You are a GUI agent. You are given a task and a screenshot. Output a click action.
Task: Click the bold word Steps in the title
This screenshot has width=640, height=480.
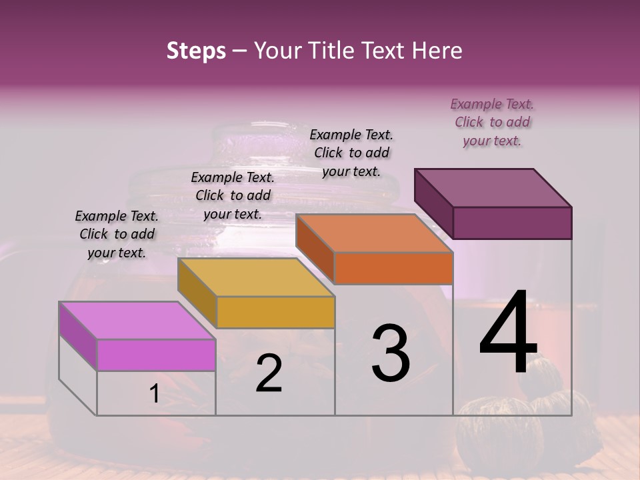(x=196, y=51)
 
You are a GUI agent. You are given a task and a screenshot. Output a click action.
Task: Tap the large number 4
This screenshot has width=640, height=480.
(x=508, y=333)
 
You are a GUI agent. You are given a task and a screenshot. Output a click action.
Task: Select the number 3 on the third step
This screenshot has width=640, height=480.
(x=390, y=353)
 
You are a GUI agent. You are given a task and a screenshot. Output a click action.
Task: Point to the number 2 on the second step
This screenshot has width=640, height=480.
(x=269, y=373)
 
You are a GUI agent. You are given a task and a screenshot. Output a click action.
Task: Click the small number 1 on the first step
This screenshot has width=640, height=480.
(x=155, y=395)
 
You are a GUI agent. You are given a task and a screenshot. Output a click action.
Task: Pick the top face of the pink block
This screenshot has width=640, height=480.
(x=137, y=321)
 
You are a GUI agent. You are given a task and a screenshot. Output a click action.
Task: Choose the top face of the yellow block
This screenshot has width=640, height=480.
(x=256, y=277)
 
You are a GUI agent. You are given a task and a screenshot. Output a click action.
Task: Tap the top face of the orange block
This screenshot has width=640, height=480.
(x=374, y=233)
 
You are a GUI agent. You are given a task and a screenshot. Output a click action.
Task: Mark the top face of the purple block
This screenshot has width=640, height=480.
(x=493, y=188)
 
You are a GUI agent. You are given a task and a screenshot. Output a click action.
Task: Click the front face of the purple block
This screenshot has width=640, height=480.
(x=512, y=223)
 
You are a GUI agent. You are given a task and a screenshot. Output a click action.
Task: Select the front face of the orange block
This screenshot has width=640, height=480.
(x=393, y=268)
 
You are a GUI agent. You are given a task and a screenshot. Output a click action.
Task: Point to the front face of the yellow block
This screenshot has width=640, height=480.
(x=275, y=312)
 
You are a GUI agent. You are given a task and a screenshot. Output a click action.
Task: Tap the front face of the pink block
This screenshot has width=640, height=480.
(x=156, y=355)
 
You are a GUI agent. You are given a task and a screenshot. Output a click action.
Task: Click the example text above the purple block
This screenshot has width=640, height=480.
(x=492, y=122)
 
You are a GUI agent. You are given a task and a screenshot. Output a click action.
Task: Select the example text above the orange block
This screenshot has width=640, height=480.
(x=351, y=153)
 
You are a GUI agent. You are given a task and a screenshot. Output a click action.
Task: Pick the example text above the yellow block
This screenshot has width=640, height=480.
(x=233, y=195)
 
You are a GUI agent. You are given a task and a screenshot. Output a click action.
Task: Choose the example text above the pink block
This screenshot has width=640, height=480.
(x=117, y=234)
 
